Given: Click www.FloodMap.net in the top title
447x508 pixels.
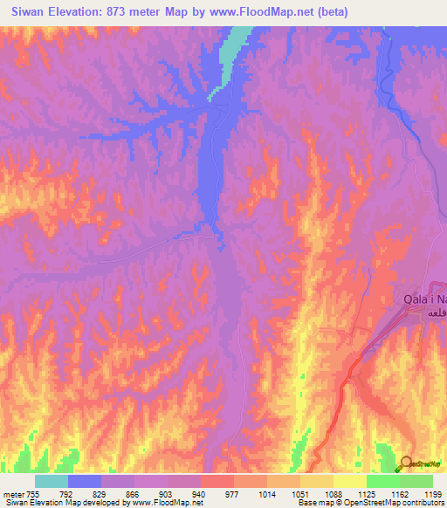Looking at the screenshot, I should click(x=273, y=11).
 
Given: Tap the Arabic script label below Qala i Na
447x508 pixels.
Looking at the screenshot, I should click(x=434, y=312).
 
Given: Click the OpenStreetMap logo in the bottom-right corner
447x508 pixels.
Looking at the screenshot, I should click(x=423, y=464).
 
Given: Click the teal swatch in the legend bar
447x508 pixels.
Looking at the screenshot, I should click(x=52, y=481).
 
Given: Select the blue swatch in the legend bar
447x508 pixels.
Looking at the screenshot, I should click(x=85, y=481).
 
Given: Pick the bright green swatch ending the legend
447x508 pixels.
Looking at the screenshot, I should click(x=416, y=481).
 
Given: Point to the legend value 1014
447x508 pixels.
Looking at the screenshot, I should click(x=267, y=493).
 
